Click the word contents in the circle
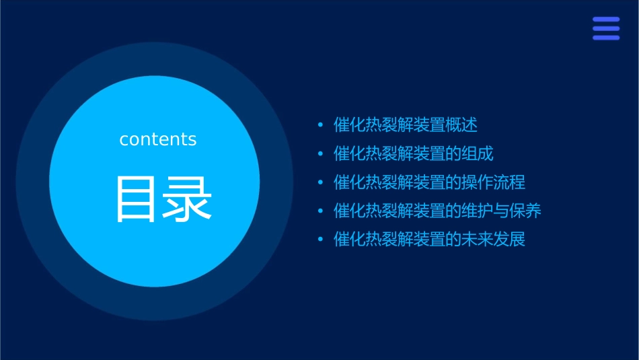point(158,139)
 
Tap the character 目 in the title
point(139,199)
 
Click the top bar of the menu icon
point(605,20)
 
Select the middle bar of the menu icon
point(605,28)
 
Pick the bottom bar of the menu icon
point(605,38)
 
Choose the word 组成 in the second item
point(478,154)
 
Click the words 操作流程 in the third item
point(493,182)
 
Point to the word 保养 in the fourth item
point(525,211)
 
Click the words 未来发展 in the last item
point(493,240)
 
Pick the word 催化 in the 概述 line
point(350,125)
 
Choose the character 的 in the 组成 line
point(453,154)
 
